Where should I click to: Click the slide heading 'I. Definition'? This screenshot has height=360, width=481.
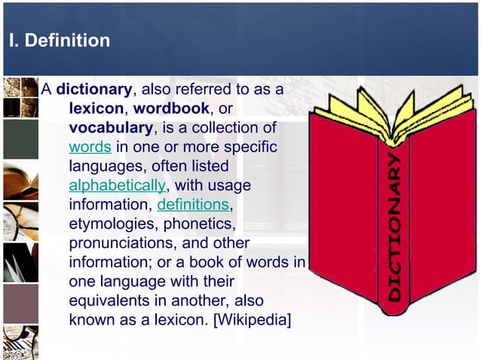59,40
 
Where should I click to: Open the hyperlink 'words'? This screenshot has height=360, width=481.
90,147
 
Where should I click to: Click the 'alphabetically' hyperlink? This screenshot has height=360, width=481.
117,185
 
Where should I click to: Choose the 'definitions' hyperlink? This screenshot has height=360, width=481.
193,205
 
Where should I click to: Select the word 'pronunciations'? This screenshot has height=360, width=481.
125,243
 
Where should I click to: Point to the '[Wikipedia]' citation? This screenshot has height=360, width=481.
253,320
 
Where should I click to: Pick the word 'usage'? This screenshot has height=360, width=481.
231,185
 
